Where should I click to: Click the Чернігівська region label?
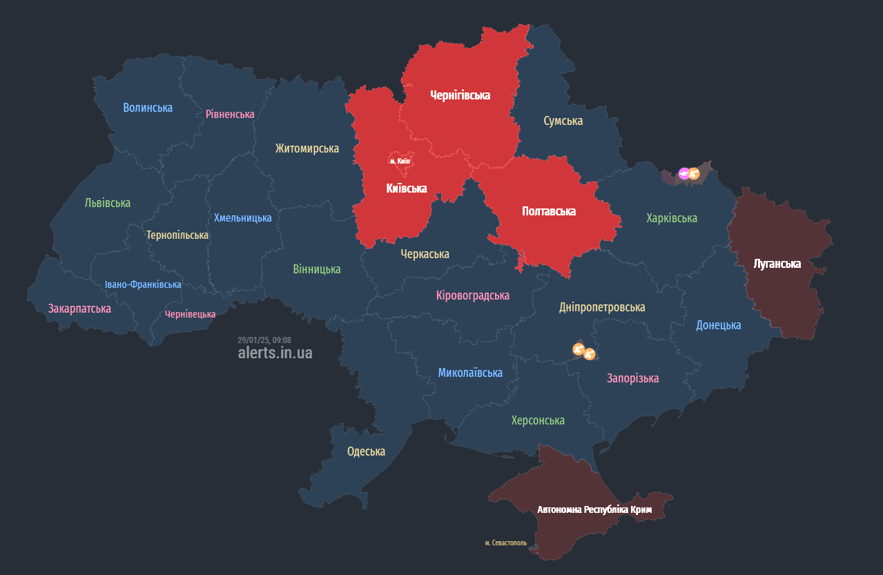click(x=460, y=95)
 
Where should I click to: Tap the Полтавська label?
click(x=549, y=211)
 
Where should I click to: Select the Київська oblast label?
click(x=406, y=188)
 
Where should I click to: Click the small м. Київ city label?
click(x=400, y=161)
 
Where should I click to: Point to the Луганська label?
click(x=777, y=264)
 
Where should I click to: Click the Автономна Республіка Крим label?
click(x=594, y=509)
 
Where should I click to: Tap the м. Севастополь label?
click(x=505, y=543)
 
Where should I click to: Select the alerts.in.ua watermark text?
click(x=275, y=353)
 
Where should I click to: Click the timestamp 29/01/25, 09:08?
click(x=264, y=340)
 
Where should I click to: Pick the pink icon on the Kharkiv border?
click(x=683, y=174)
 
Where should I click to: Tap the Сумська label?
click(x=563, y=121)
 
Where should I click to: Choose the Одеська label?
click(x=366, y=451)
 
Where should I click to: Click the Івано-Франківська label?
click(x=143, y=284)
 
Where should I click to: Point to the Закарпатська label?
click(x=79, y=309)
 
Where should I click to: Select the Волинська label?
click(x=148, y=108)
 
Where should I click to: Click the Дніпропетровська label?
click(x=602, y=307)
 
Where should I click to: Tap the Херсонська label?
click(x=538, y=420)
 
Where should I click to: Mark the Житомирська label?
click(x=307, y=148)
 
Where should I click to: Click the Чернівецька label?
click(x=190, y=314)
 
